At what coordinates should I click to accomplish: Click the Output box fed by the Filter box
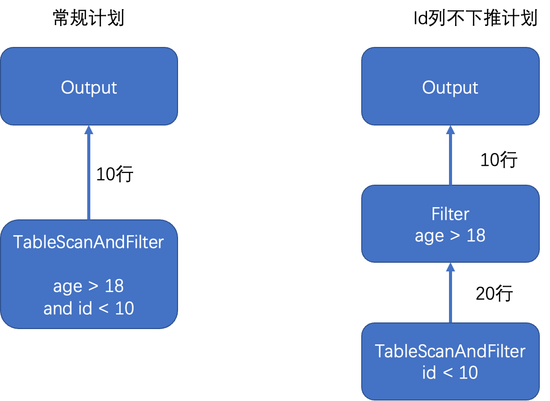pos(450,87)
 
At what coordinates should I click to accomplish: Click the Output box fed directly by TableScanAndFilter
pos(89,87)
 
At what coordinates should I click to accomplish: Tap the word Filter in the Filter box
pos(450,214)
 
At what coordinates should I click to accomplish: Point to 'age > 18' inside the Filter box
pos(450,236)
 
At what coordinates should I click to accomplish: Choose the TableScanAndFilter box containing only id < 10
pos(450,361)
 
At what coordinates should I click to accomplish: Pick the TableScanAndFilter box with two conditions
pos(89,274)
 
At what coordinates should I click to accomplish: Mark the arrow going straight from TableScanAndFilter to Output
pos(89,173)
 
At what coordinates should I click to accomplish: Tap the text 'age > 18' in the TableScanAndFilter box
pos(89,286)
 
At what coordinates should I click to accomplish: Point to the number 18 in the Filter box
pos(476,236)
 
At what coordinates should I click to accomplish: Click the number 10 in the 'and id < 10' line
pos(124,309)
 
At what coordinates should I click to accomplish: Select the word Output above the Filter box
pos(450,87)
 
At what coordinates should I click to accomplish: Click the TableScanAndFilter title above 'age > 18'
pos(89,242)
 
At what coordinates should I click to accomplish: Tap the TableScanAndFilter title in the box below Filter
pos(450,351)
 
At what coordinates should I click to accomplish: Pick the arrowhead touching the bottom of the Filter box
pos(450,267)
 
